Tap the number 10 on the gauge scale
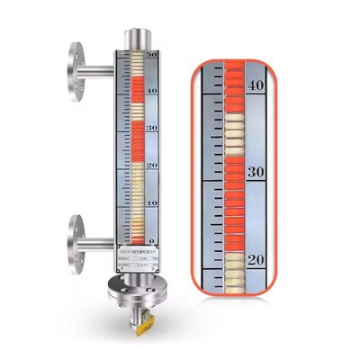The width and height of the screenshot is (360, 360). click(x=151, y=203)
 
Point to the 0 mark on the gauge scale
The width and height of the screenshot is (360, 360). click(x=151, y=240)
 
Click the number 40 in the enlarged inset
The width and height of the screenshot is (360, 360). click(x=255, y=85)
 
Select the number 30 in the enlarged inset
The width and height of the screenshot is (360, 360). click(x=255, y=172)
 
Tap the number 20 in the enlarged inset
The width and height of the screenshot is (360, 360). click(x=255, y=259)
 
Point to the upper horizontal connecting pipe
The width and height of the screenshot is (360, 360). click(x=97, y=70)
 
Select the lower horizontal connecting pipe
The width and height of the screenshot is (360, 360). click(x=97, y=237)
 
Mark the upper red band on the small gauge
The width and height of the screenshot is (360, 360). click(x=138, y=86)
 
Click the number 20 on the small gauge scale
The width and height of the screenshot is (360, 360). click(x=151, y=166)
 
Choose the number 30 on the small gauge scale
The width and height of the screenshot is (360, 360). click(x=151, y=130)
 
